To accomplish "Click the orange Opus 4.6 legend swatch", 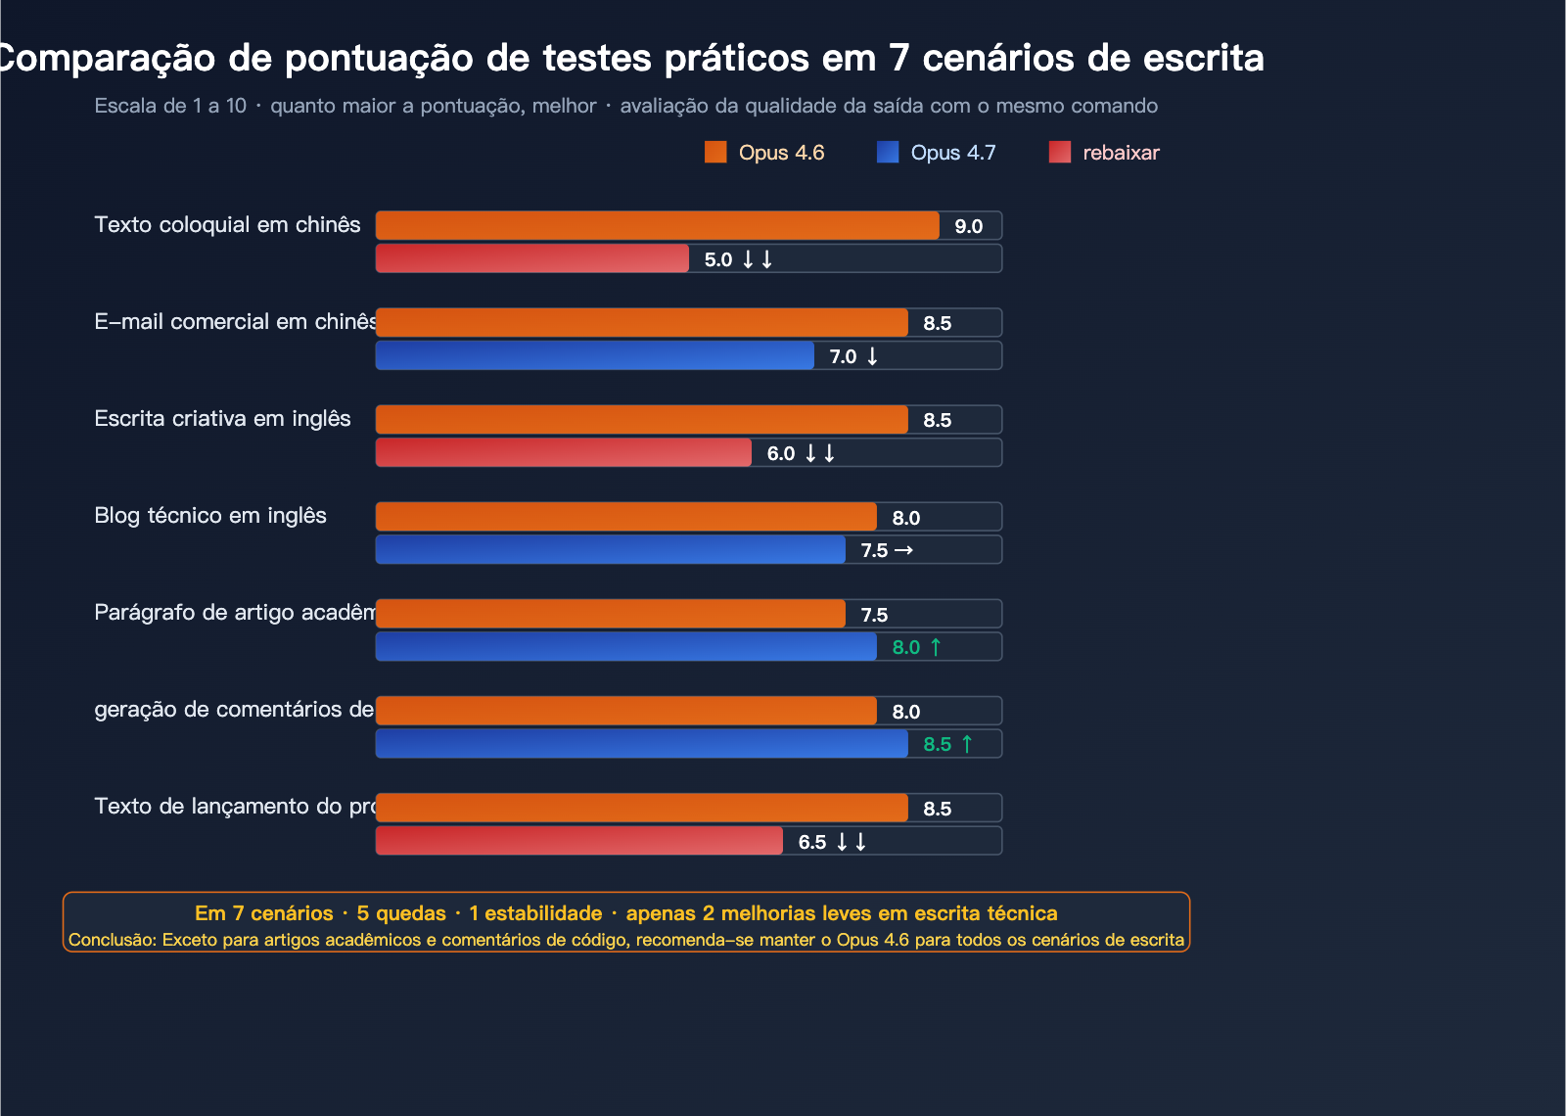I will [715, 152].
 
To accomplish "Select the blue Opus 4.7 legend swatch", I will [888, 152].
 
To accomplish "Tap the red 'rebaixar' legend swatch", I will [1060, 152].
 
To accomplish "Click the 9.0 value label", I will [968, 226].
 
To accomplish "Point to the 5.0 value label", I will [718, 259].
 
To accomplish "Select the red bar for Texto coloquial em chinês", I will [532, 258].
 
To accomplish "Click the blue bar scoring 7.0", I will [595, 355].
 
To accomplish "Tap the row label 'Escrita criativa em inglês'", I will [222, 419].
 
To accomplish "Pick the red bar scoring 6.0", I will [564, 452].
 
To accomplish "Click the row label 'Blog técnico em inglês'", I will [210, 516].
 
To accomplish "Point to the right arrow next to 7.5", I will [903, 550].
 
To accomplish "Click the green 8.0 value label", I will [906, 647].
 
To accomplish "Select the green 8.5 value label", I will [937, 744].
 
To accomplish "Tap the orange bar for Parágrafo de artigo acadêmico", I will [611, 614].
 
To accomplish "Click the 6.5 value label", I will [812, 842].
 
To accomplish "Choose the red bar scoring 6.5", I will [579, 841].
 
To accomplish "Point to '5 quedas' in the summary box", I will [401, 913].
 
